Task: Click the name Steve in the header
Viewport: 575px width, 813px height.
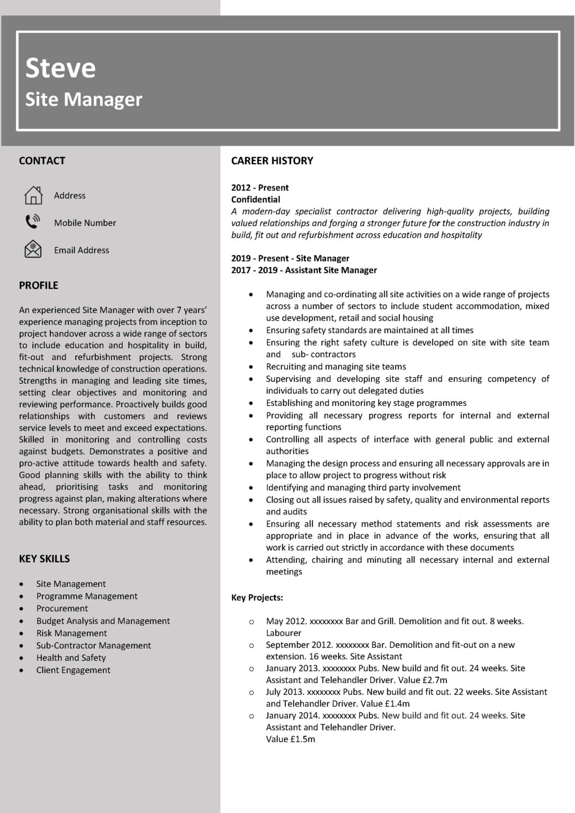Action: point(60,68)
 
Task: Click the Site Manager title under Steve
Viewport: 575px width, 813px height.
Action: point(84,100)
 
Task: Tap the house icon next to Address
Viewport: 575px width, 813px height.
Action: point(33,195)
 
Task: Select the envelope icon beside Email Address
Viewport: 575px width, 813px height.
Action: point(33,249)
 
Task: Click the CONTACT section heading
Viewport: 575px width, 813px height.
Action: point(42,161)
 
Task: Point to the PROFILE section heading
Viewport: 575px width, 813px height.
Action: point(38,285)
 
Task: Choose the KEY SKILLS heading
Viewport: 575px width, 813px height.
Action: point(44,559)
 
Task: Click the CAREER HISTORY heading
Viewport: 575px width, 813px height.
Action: point(272,161)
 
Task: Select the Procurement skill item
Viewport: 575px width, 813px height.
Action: point(62,609)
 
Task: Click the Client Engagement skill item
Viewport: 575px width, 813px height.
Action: point(73,670)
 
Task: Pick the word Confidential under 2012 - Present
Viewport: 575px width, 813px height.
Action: point(255,200)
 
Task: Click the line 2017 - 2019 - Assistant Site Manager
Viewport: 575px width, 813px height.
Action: point(304,270)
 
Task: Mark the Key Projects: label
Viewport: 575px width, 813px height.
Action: point(257,598)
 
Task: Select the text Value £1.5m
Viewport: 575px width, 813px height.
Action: point(290,739)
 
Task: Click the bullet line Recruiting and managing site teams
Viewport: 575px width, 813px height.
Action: point(336,367)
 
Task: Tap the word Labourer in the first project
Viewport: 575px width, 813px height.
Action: point(283,633)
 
